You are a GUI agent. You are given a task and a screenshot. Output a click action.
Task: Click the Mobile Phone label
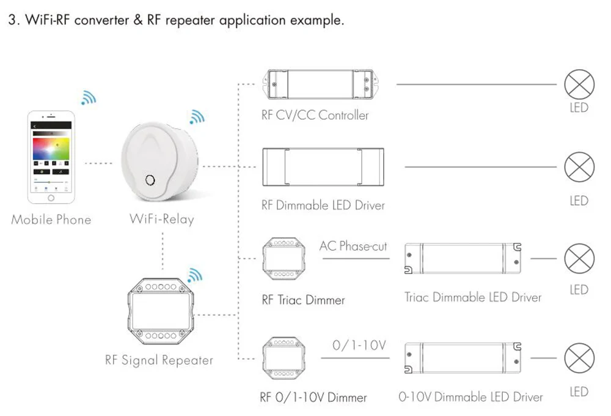tap(51, 219)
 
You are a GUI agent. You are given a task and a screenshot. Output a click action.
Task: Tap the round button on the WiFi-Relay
tap(150, 180)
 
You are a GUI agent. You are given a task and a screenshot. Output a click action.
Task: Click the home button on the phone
tap(51, 198)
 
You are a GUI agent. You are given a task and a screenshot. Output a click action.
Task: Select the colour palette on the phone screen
tap(51, 148)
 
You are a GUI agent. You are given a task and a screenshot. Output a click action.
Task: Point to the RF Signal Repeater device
tap(161, 311)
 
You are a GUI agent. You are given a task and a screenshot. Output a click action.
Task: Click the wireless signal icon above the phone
tap(89, 97)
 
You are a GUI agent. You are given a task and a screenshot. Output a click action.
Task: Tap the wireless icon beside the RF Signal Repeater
tap(195, 275)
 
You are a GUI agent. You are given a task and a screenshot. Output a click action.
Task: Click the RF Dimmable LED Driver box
tap(323, 166)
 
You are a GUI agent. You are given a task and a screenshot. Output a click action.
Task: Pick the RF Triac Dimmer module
tap(284, 259)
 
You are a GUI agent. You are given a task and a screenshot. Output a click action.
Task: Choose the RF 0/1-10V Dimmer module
tap(284, 358)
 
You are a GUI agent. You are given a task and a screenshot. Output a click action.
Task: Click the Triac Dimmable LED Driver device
tap(463, 258)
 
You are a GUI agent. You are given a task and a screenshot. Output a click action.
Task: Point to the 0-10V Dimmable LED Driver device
tap(463, 358)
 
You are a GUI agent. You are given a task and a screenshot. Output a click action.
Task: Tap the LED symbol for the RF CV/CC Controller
tap(579, 84)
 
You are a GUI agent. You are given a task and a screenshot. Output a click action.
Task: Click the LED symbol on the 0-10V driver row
tap(579, 358)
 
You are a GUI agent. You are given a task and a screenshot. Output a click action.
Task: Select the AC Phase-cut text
tap(353, 247)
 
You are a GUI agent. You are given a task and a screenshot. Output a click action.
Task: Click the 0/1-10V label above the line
tap(359, 345)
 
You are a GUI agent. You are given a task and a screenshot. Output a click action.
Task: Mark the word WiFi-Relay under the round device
tap(162, 219)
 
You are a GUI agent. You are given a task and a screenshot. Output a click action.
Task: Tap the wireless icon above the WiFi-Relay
tap(197, 117)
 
